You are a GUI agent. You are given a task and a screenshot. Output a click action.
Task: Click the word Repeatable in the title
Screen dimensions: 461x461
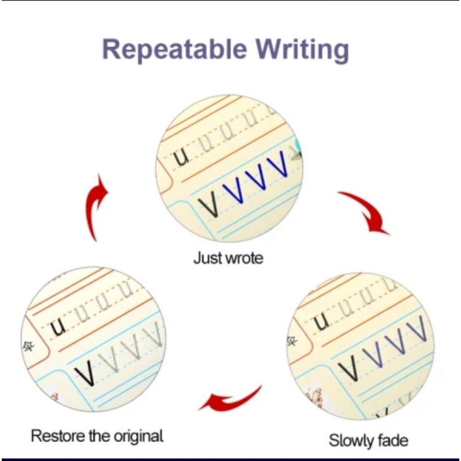[175, 49]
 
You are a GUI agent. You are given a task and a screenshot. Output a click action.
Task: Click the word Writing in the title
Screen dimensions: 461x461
[302, 50]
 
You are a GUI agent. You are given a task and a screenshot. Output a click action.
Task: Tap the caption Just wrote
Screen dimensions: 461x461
[228, 258]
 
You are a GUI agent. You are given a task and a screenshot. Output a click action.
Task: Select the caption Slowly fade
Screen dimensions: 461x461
[368, 441]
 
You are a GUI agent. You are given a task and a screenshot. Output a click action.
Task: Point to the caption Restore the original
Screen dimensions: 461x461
[97, 435]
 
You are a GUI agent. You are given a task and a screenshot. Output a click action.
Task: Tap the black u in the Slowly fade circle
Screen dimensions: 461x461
[322, 320]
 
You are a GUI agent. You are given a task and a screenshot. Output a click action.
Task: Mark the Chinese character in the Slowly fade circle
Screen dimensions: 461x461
[293, 341]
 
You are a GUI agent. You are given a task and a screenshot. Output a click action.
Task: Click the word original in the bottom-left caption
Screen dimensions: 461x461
[138, 435]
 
